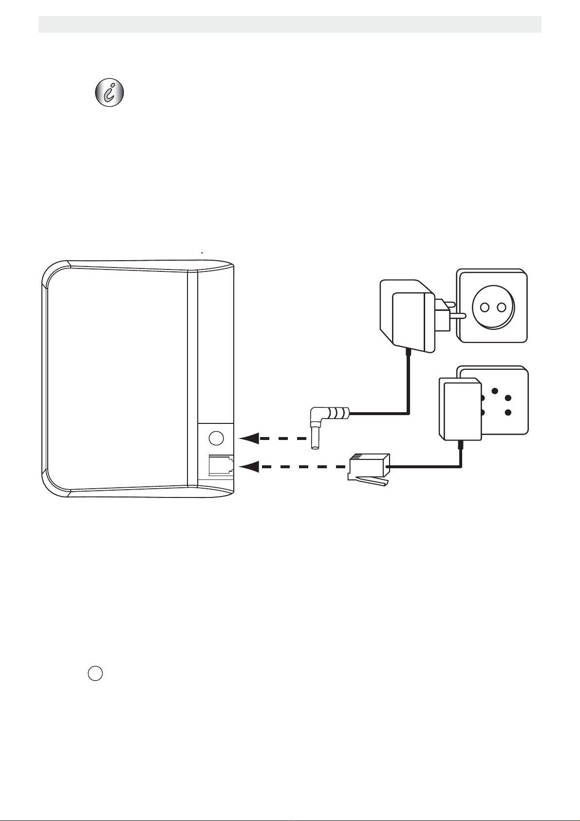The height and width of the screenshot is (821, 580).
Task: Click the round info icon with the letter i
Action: pyautogui.click(x=109, y=92)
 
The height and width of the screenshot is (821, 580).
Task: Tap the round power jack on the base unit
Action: pyautogui.click(x=216, y=439)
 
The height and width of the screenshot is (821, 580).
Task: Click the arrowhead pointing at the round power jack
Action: pyautogui.click(x=248, y=439)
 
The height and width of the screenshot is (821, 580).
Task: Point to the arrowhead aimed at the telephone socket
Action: pyautogui.click(x=248, y=467)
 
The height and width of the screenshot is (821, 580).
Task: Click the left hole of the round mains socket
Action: pyautogui.click(x=485, y=306)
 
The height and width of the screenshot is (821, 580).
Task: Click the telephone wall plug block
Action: pyautogui.click(x=460, y=410)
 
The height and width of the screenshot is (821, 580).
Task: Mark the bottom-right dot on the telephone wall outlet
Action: pyautogui.click(x=508, y=413)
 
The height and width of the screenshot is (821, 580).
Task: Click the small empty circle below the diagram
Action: pyautogui.click(x=95, y=673)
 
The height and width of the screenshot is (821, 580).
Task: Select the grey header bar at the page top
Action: pyautogui.click(x=290, y=24)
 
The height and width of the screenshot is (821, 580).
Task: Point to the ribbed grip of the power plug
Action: pyautogui.click(x=339, y=414)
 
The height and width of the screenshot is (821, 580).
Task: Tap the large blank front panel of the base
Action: pyautogui.click(x=117, y=380)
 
